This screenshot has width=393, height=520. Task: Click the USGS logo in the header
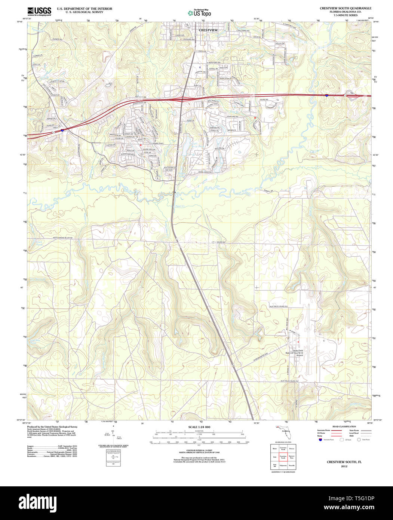coord(39,11)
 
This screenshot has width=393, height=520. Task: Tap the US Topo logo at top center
coord(199,13)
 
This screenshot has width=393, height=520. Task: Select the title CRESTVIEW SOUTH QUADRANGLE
coord(345,8)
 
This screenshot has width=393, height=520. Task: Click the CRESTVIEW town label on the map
coord(208,30)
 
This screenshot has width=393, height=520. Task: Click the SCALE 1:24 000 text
coord(199,427)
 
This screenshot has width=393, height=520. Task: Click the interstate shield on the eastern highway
coord(327,95)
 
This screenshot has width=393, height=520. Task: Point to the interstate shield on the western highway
coord(62,131)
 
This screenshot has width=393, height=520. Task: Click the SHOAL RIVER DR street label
coord(205,172)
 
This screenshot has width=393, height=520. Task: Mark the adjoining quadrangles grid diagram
coord(283,456)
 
